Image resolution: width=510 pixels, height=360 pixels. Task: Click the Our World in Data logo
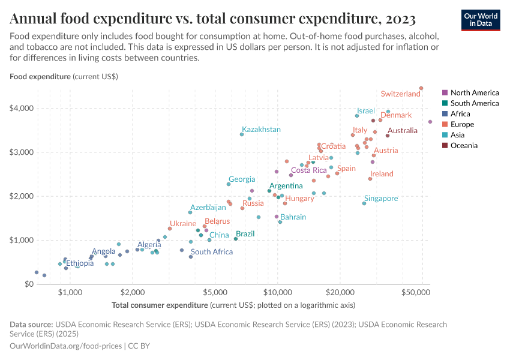pyautogui.click(x=481, y=20)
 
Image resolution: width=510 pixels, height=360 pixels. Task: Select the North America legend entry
pyautogui.click(x=470, y=93)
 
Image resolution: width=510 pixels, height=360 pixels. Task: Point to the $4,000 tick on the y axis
pyautogui.click(x=22, y=109)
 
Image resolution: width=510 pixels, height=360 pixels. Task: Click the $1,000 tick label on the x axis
pyautogui.click(x=70, y=293)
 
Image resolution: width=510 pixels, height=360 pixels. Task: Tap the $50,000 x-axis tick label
pyautogui.click(x=416, y=293)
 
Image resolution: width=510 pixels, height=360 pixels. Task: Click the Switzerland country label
pyautogui.click(x=400, y=94)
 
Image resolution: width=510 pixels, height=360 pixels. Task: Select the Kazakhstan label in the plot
pyautogui.click(x=261, y=130)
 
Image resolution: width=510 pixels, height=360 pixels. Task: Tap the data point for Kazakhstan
pyautogui.click(x=242, y=134)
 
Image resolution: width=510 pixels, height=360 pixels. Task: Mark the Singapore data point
pyautogui.click(x=364, y=203)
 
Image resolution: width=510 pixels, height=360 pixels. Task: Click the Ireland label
pyautogui.click(x=382, y=174)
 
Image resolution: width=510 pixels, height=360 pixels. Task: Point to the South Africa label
pyautogui.click(x=211, y=252)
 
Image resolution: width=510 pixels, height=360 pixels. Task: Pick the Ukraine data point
pyautogui.click(x=170, y=229)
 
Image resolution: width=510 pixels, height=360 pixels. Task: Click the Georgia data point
pyautogui.click(x=229, y=184)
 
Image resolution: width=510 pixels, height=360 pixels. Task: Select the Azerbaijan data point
pyautogui.click(x=190, y=212)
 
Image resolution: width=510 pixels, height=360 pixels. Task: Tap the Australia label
pyautogui.click(x=402, y=131)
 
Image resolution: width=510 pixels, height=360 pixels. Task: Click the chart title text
pyautogui.click(x=212, y=19)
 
